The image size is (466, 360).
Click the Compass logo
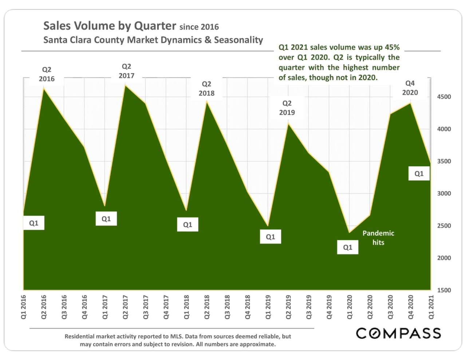[x=398, y=333]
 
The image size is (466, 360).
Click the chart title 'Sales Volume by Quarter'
[x=110, y=26]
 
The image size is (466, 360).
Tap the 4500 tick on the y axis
[x=444, y=97]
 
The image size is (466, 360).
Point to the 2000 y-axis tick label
[x=444, y=258]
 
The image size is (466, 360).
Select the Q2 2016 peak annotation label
[x=47, y=74]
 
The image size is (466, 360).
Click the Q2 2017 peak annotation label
[x=126, y=71]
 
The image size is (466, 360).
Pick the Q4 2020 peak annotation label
[x=410, y=88]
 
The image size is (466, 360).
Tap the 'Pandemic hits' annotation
[x=378, y=238]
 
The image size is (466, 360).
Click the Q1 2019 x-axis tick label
[x=268, y=307]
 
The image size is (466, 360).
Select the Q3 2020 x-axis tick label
[x=391, y=307]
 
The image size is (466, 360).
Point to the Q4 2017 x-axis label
[x=166, y=307]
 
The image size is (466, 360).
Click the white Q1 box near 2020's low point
[x=348, y=247]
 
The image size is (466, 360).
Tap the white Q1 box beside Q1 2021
[x=419, y=174]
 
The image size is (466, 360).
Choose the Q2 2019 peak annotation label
[x=287, y=108]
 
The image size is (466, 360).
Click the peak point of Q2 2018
[x=207, y=102]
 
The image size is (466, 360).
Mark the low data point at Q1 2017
[x=105, y=206]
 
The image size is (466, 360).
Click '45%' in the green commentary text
[x=392, y=47]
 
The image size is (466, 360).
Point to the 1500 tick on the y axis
[x=444, y=290]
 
